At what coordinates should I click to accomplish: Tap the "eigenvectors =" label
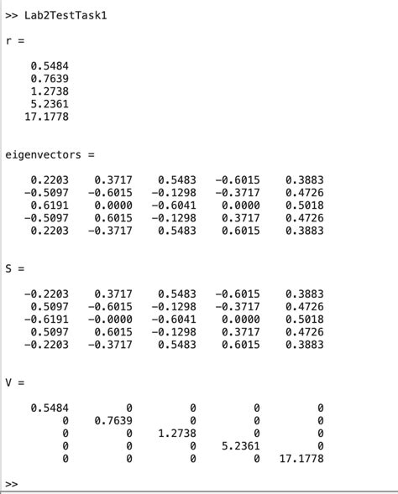pos(50,154)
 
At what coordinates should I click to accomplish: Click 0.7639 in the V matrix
pos(113,420)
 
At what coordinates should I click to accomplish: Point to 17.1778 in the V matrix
pos(301,458)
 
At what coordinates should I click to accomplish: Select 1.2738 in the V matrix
pos(176,433)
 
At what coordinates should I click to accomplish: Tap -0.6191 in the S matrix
pos(46,319)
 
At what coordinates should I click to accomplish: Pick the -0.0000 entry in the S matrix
pos(110,319)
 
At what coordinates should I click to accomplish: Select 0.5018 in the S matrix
pos(304,319)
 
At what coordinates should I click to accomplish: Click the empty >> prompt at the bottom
pos(12,484)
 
